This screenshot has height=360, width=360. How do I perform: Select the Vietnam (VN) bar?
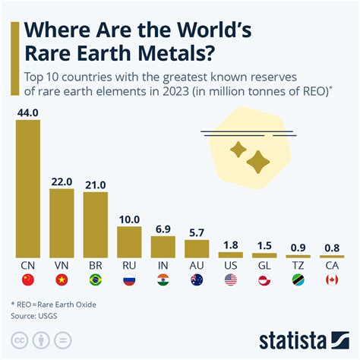[62, 223]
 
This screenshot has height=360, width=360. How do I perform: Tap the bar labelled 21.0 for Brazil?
[96, 225]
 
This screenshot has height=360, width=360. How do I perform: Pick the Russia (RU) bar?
[130, 242]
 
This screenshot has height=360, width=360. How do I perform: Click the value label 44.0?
[27, 112]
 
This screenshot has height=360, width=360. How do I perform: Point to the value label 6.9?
[163, 229]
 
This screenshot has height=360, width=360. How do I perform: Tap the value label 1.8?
[231, 244]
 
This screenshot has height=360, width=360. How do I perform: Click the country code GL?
[264, 267]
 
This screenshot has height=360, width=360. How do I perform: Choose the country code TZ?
[298, 267]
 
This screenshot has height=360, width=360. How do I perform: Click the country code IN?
[163, 267]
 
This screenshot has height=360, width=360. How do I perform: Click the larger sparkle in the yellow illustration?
[258, 159]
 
